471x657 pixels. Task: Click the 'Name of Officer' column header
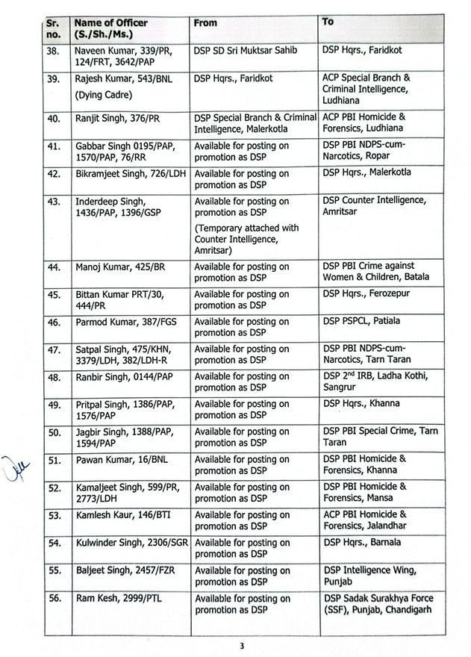[110, 29]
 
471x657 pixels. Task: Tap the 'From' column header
[205, 23]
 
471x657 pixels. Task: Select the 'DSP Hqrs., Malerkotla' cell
[366, 172]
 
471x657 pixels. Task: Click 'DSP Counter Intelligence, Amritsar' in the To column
[374, 206]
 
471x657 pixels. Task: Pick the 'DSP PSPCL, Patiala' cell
[361, 321]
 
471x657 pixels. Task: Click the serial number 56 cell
[53, 599]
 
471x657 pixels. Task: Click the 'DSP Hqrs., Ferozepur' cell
[366, 293]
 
